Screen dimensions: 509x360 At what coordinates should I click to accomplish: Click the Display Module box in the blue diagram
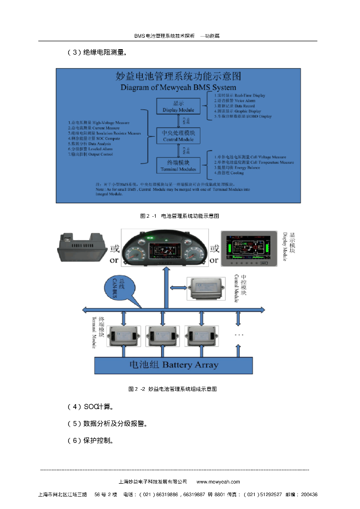tap(178, 106)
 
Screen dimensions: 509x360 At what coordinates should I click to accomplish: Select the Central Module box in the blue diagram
tap(178, 136)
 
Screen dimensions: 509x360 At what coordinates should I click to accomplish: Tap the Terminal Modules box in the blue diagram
tap(178, 166)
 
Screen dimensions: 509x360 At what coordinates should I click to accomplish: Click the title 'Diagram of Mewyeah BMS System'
tap(178, 87)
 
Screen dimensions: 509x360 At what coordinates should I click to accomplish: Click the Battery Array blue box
tap(174, 364)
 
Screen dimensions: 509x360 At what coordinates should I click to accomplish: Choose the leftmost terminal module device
tap(123, 336)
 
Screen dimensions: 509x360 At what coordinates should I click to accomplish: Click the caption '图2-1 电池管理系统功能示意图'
tap(180, 216)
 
